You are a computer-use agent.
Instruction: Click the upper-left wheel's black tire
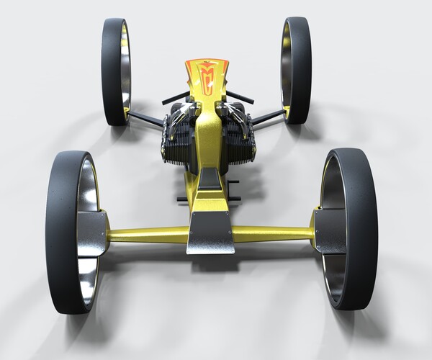point(112,72)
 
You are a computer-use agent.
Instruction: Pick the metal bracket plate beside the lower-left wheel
point(91,233)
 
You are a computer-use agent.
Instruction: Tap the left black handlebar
point(175,98)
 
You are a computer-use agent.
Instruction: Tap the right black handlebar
point(240,96)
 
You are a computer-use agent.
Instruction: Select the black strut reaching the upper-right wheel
point(268,117)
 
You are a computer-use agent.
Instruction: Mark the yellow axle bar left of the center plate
point(148,235)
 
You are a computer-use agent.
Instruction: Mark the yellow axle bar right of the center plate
point(274,234)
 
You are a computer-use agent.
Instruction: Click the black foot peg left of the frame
point(181,198)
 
